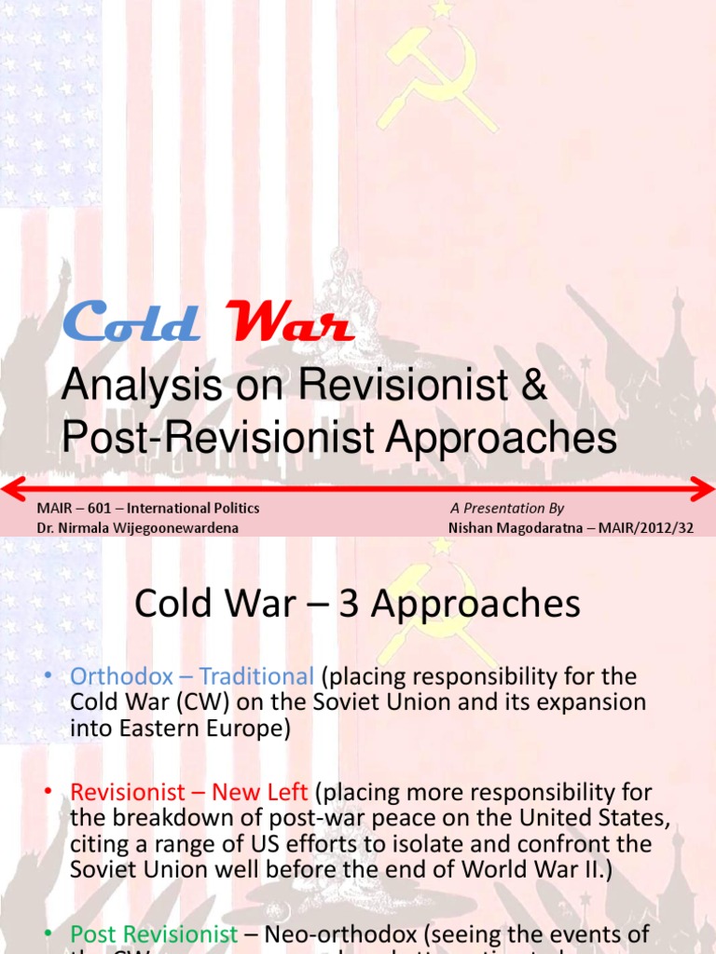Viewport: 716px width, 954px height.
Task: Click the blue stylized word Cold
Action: coord(131,322)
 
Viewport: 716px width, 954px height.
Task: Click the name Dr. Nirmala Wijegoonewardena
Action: coord(137,527)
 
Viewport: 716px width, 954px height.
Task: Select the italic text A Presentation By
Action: coord(507,509)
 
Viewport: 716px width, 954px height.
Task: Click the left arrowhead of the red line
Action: coord(11,486)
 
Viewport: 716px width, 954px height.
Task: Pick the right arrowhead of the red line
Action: coord(705,486)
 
